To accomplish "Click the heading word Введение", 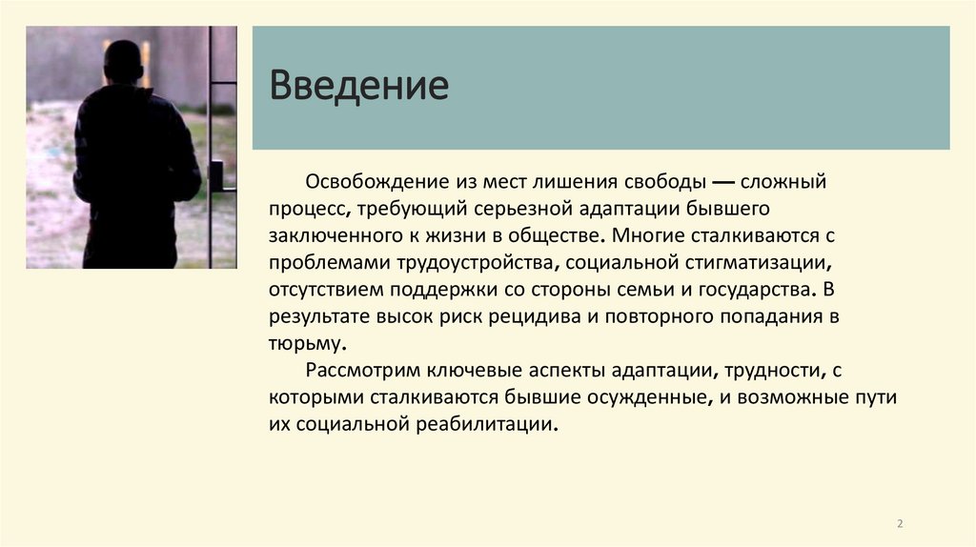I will pos(358,86).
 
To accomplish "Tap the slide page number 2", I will pos(900,523).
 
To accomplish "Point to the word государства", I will pos(759,288).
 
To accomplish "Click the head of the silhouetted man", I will pos(123,62).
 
